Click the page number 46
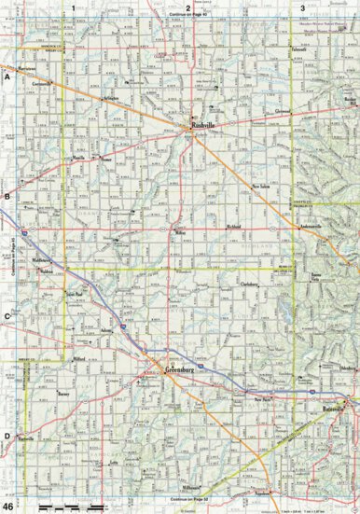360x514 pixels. point(7,505)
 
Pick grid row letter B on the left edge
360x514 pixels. point(7,197)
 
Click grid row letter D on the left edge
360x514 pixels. point(7,436)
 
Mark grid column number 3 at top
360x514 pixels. point(302,7)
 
